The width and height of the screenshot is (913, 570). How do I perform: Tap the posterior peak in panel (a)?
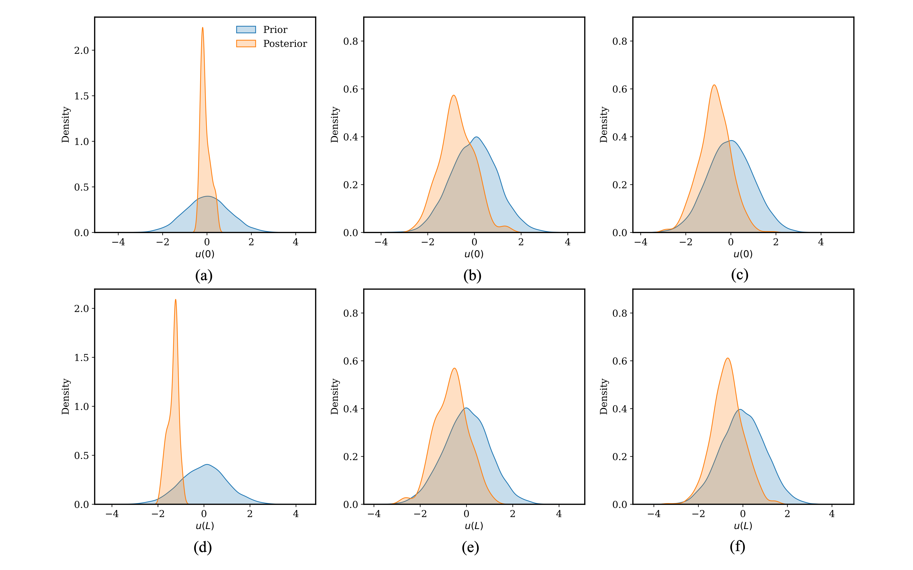coord(203,28)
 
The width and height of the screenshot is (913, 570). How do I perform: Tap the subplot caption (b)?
coord(472,276)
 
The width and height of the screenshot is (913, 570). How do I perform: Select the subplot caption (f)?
coord(737,546)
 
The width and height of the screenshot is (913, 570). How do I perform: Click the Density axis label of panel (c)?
coord(604,124)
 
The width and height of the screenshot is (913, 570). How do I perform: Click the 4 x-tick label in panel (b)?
coord(567,242)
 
